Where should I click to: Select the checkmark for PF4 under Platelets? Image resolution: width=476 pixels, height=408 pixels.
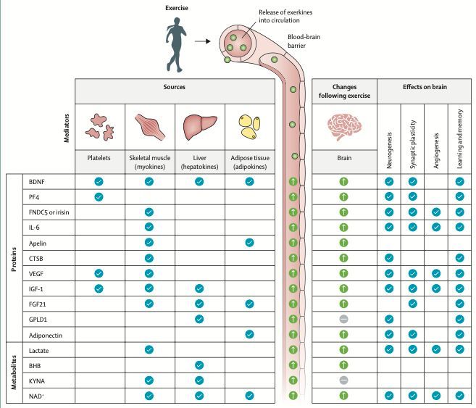(99, 196)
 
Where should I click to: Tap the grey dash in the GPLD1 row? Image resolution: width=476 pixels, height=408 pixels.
(343, 320)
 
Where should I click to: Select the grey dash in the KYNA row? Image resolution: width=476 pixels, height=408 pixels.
(343, 380)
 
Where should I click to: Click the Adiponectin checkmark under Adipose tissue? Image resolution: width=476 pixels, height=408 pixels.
(249, 334)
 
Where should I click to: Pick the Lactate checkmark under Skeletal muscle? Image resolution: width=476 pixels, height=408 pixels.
(149, 350)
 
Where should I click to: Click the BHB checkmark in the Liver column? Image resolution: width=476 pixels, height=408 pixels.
(199, 365)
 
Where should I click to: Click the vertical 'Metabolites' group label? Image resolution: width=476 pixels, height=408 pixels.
(14, 372)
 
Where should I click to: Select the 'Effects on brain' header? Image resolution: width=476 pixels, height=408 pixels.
(425, 87)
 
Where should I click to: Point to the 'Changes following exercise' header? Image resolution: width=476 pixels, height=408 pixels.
(344, 91)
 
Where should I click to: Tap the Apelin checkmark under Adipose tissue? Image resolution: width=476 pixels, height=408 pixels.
(249, 242)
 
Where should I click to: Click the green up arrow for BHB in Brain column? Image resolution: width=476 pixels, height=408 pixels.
(343, 365)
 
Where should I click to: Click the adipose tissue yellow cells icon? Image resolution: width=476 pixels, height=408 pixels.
(249, 128)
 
